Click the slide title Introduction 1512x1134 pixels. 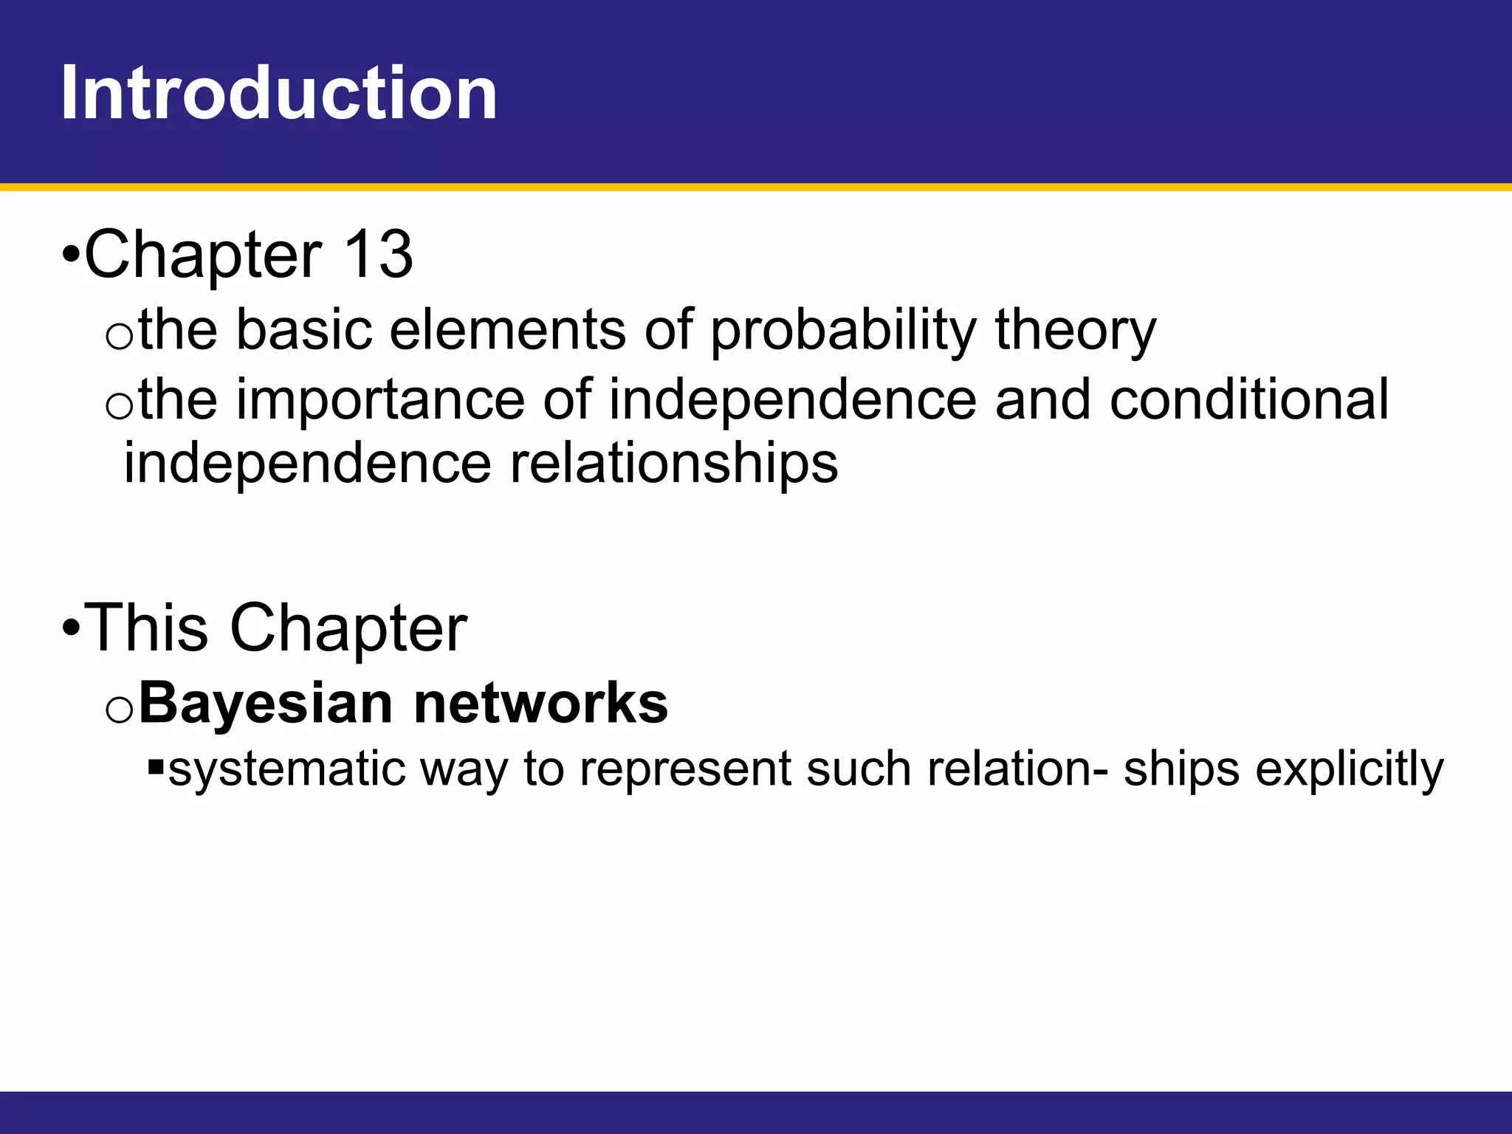(x=279, y=93)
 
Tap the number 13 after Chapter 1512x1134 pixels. (x=378, y=255)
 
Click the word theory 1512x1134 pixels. (x=1075, y=330)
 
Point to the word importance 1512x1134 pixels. (x=379, y=400)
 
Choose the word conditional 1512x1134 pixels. (x=1249, y=399)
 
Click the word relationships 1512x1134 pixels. (x=674, y=464)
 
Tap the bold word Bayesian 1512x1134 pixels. (x=266, y=703)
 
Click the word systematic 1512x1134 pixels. (x=286, y=769)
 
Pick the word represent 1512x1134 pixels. (x=684, y=769)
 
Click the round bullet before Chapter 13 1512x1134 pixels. (x=70, y=256)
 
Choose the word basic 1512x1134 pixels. (x=303, y=330)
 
